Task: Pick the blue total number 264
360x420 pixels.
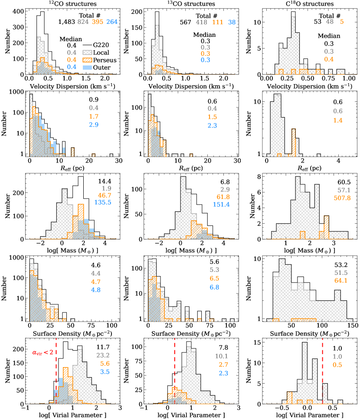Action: click(x=112, y=22)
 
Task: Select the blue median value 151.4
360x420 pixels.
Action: click(x=222, y=201)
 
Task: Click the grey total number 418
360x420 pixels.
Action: click(x=203, y=22)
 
